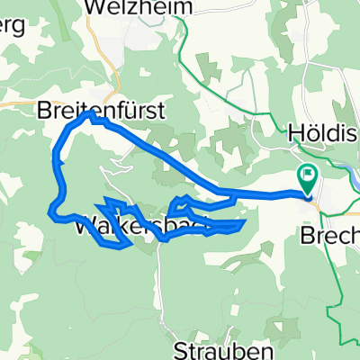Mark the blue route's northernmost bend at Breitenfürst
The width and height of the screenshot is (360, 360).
click(x=88, y=115)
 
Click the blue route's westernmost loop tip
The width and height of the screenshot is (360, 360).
click(x=51, y=212)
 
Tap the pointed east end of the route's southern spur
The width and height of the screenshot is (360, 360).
click(x=244, y=221)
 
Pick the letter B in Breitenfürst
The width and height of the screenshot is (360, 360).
click(x=44, y=112)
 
